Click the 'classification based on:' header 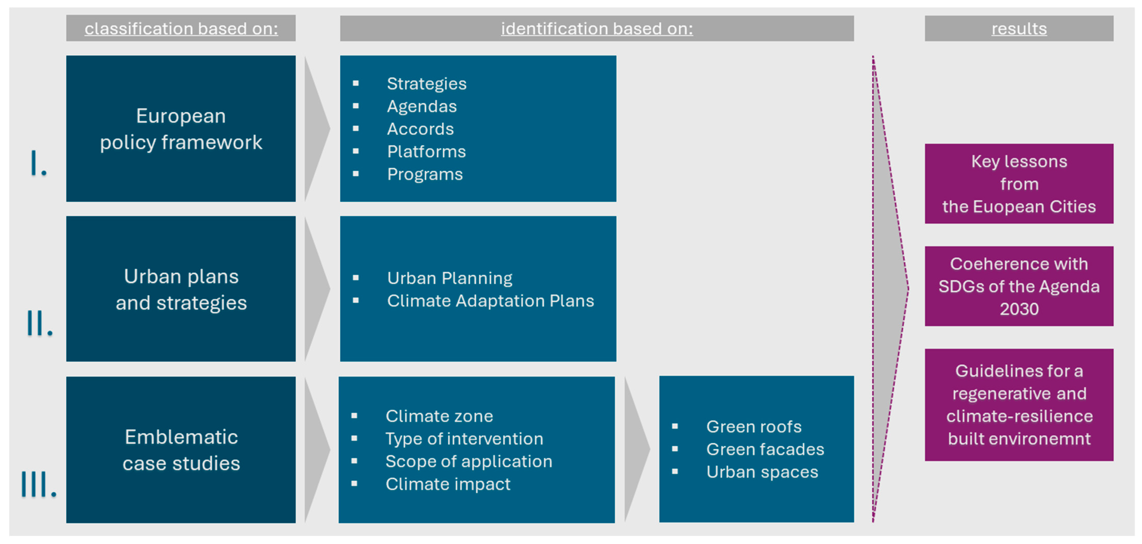coord(181,29)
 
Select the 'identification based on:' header coord(597,29)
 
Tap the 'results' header coord(1019,29)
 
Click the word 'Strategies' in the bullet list coord(427,84)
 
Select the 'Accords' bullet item coord(420,129)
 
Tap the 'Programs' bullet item coord(425,175)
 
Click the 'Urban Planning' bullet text coord(449,278)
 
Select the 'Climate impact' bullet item coord(448,484)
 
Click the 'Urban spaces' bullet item coord(762,472)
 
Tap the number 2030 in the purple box coord(1019,309)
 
